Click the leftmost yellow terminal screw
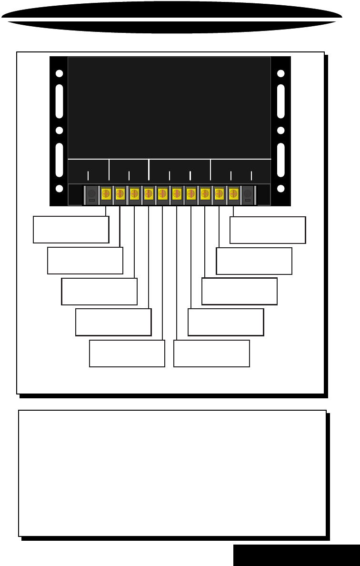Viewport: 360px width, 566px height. tap(106, 194)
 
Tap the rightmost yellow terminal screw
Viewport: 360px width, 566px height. tap(233, 194)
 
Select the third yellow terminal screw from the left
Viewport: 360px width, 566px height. tap(134, 194)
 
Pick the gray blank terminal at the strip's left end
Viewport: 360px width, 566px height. tap(92, 195)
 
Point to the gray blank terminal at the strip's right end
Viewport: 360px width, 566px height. tap(247, 195)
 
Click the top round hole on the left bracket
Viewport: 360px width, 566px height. tap(59, 74)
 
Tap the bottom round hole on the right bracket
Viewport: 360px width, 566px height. tap(281, 189)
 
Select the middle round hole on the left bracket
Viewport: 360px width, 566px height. tap(59, 131)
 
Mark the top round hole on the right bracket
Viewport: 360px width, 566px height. tap(281, 74)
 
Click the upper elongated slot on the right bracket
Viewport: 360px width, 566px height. tap(281, 101)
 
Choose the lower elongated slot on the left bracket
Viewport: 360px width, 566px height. tap(59, 160)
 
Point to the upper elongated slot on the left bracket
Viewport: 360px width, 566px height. tap(59, 101)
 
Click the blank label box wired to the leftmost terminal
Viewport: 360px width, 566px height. tap(71, 230)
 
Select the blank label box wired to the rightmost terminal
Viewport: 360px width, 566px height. tap(268, 230)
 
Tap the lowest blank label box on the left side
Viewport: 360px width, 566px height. tap(127, 354)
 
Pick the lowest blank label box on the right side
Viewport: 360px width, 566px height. tap(211, 354)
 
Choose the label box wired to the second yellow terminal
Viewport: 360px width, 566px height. tap(85, 261)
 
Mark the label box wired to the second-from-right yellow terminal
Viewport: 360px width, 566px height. tap(254, 261)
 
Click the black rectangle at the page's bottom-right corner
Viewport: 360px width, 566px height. tap(296, 556)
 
